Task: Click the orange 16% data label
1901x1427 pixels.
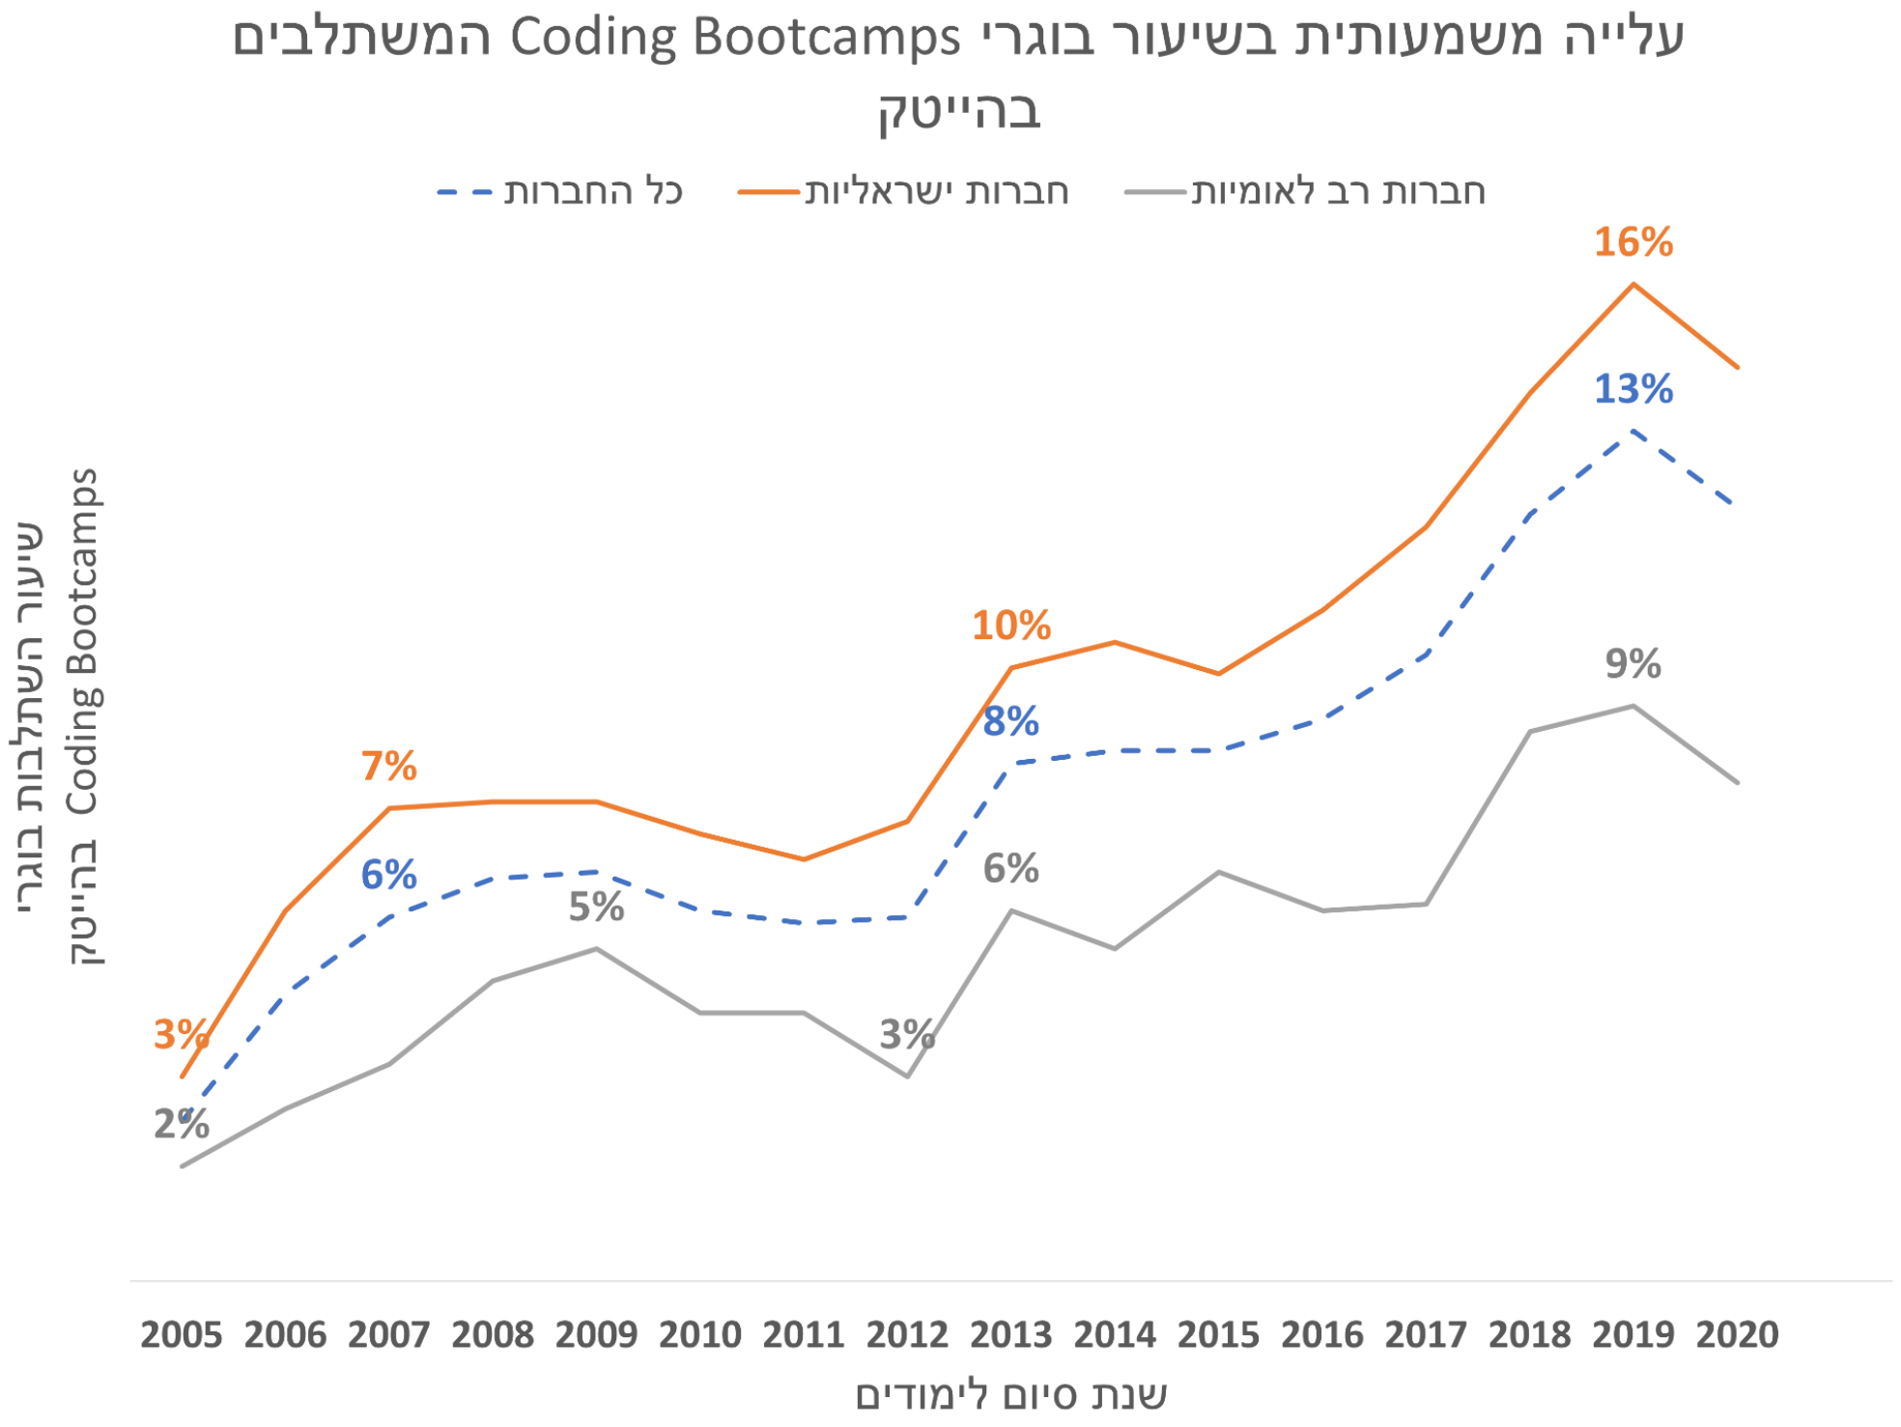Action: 1632,241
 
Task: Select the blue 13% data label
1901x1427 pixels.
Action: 1632,389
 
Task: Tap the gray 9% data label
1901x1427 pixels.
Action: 1632,664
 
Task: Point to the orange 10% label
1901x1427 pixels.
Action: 1010,626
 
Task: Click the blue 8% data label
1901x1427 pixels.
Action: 1010,721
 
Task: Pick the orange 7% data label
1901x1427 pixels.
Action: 388,767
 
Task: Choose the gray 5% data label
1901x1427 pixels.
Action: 596,908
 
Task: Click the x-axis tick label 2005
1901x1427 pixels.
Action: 182,1335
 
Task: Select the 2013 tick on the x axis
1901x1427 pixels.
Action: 1010,1335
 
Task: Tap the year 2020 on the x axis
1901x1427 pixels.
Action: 1737,1335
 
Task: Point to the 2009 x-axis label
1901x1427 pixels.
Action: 596,1335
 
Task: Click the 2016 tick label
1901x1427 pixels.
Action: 1321,1335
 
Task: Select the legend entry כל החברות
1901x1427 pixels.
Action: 592,191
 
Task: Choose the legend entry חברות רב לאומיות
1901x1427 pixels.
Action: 1337,191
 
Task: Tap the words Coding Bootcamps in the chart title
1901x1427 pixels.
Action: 734,39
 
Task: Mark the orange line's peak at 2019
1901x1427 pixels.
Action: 1632,284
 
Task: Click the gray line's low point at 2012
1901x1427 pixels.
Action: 907,1077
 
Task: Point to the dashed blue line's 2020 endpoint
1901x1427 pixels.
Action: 1737,504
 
